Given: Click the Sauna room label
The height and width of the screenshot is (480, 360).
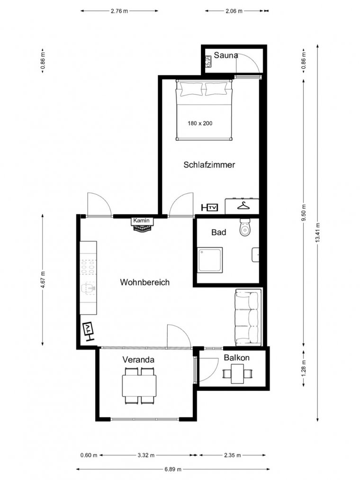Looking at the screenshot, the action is click(226, 55).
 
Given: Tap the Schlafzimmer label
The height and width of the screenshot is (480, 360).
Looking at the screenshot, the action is click(209, 165).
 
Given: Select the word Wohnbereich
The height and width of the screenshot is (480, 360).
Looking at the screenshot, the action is click(145, 282).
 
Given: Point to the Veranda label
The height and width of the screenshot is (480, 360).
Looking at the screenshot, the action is click(138, 360).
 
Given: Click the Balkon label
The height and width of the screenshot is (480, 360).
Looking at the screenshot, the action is click(237, 358).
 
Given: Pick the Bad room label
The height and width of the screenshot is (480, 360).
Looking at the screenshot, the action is click(218, 232).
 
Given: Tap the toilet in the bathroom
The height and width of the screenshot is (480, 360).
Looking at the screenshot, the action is click(245, 227).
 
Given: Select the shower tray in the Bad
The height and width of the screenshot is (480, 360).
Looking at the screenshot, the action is click(210, 260).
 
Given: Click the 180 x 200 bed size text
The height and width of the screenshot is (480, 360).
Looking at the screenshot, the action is click(200, 123).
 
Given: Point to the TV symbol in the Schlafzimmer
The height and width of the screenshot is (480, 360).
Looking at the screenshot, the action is click(210, 208).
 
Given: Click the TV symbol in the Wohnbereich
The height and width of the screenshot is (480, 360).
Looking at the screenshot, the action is click(89, 331).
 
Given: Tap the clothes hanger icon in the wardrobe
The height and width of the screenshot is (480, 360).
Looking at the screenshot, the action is click(243, 205).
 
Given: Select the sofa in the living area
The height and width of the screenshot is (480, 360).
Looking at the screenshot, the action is click(248, 317).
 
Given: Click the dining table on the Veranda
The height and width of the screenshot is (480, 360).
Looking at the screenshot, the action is click(139, 386).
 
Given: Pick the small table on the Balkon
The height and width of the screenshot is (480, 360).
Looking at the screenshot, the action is click(237, 374).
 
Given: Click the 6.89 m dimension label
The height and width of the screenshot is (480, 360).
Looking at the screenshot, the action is click(173, 469).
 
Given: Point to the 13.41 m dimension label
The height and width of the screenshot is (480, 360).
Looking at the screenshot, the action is click(317, 233).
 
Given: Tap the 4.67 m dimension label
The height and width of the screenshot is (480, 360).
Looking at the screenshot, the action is click(43, 280).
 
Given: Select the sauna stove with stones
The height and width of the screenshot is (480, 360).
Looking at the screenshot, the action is click(209, 61).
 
